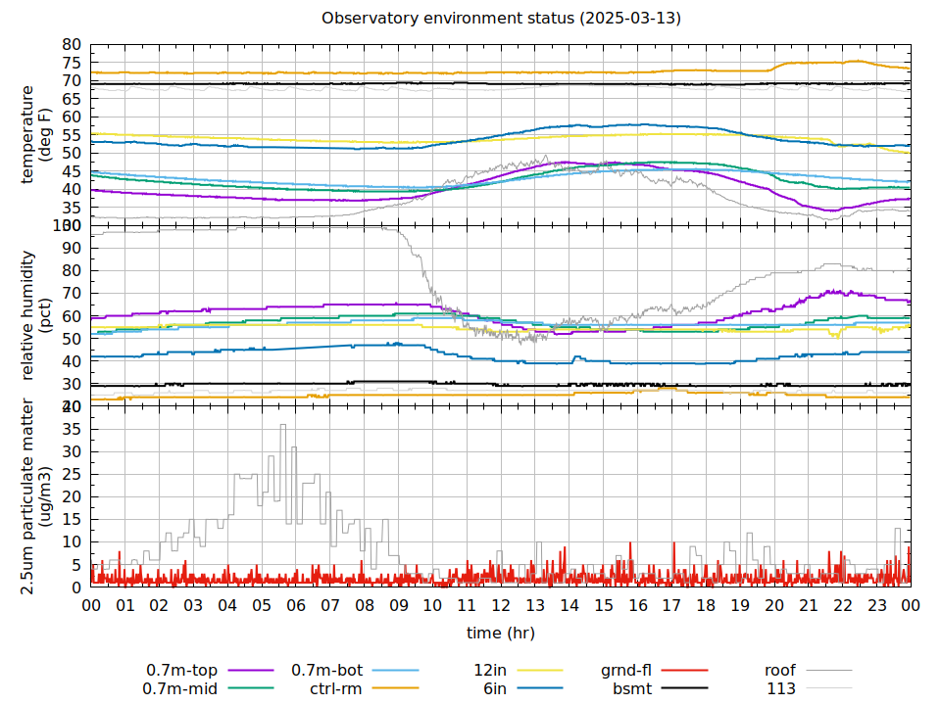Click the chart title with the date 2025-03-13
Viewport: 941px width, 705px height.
coord(501,19)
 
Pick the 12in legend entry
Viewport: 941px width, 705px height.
coord(489,671)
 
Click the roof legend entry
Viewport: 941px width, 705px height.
coord(780,671)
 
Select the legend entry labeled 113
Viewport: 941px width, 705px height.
coord(780,688)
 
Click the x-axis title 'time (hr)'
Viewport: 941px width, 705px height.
coord(501,633)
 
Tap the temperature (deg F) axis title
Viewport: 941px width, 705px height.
coord(35,134)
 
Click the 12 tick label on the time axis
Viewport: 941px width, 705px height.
coord(501,606)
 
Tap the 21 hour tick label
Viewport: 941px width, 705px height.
coord(809,606)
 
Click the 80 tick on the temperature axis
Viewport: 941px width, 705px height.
coord(71,45)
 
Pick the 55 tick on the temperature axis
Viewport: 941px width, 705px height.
coord(71,135)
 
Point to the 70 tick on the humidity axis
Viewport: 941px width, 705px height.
coord(71,293)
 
